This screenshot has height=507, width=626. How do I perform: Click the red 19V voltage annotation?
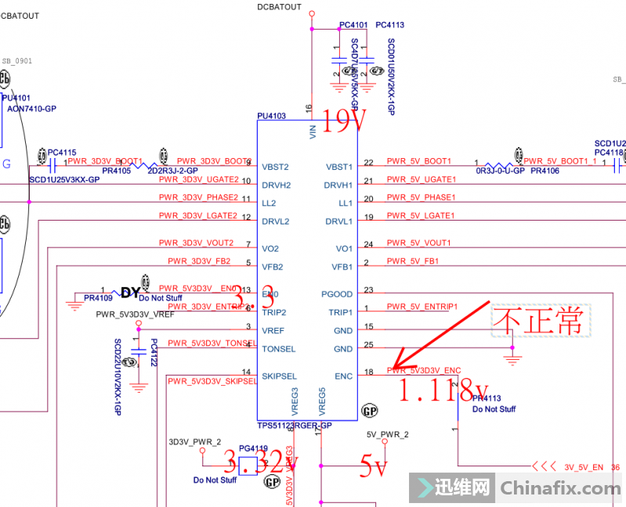340,121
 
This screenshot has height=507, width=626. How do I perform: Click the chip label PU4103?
271,116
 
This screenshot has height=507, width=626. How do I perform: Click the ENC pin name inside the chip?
344,376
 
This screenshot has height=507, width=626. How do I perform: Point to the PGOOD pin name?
337,294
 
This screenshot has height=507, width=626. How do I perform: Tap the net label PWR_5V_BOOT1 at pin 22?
419,161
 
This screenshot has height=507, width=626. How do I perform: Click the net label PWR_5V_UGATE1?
421,179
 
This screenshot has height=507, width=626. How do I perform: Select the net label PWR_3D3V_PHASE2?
198,197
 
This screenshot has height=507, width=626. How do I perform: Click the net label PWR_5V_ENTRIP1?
422,307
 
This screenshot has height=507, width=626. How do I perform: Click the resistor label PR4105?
117,171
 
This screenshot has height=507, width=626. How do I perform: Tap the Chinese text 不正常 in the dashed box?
537,321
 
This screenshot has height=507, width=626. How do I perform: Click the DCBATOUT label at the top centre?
279,7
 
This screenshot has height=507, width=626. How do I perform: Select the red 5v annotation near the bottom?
374,467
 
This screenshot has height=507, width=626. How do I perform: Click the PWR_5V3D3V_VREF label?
136,315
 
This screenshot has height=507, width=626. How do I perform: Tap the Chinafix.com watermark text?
560,488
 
